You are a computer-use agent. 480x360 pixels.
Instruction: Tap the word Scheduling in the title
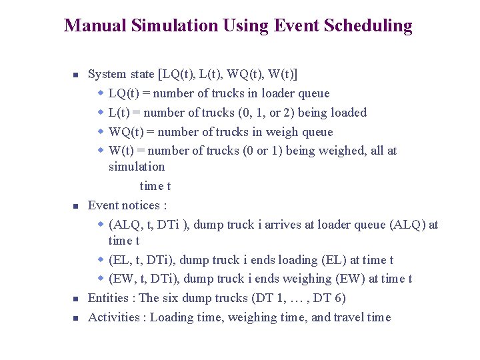click(372, 26)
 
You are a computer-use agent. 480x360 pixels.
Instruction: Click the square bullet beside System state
click(76, 75)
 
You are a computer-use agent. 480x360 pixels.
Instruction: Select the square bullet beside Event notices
click(76, 207)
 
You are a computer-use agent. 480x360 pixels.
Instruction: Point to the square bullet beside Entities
click(76, 299)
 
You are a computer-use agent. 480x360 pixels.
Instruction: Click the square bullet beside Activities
click(76, 319)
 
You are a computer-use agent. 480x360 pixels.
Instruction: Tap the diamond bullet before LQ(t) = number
click(101, 93)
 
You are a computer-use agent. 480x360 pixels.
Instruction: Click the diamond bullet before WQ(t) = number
click(101, 132)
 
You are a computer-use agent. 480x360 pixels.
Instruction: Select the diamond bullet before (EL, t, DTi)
click(101, 260)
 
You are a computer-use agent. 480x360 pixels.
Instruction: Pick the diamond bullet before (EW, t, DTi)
click(101, 279)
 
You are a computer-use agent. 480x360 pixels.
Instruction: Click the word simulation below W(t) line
click(137, 167)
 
